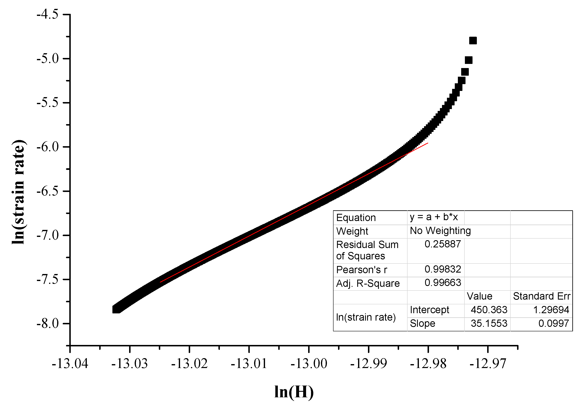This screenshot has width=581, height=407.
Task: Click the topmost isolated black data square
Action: pos(473,40)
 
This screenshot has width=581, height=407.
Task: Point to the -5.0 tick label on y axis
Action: pos(48,58)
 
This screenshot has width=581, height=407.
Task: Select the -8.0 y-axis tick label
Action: pos(48,323)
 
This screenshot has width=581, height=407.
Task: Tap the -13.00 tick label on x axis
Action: pos(309,364)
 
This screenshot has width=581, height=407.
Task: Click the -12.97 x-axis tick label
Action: pos(488,364)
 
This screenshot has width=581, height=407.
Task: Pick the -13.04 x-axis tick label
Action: pos(70,364)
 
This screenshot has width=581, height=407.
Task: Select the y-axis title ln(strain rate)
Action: pos(19,192)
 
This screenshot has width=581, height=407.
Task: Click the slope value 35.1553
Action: pos(489,323)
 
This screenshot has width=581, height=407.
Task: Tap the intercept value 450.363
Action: pos(489,310)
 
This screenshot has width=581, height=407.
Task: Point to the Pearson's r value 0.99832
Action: pos(443,269)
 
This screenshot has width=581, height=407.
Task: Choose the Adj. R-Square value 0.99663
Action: pos(443,282)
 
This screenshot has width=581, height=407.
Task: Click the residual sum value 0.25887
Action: pos(443,244)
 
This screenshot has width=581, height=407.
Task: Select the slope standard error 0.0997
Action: pos(554,323)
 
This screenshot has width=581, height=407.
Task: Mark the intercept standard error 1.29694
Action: pos(551,310)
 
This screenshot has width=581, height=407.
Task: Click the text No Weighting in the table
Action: pos(440,231)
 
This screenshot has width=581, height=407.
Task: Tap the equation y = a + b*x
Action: pos(434,217)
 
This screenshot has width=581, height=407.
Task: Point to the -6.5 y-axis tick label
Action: pos(48,191)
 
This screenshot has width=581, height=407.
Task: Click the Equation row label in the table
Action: pos(356,218)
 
